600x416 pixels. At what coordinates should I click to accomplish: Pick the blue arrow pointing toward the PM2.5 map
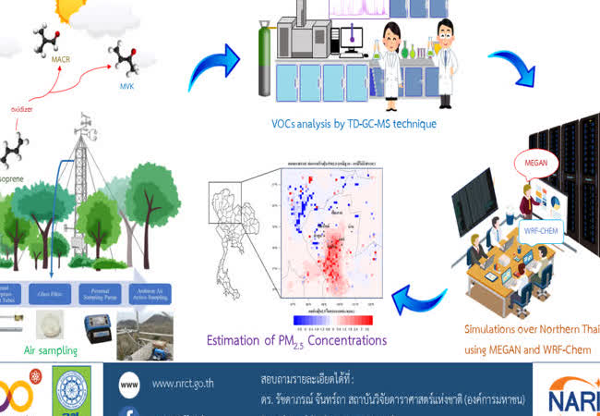pyautogui.click(x=419, y=298)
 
